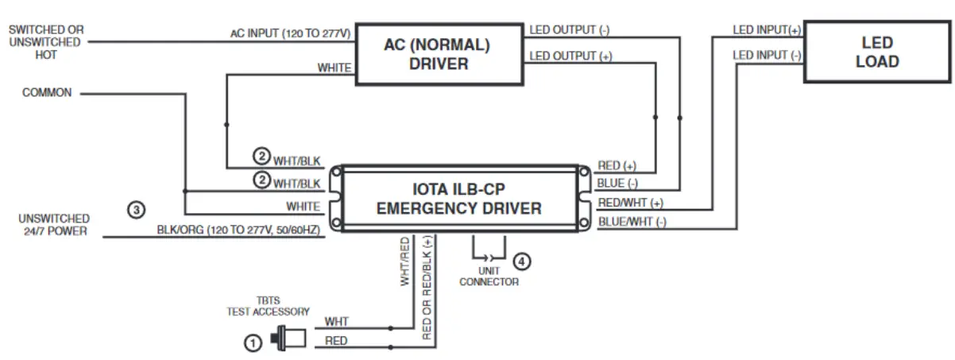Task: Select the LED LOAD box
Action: pos(877,52)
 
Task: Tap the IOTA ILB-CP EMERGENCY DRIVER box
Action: pos(458,199)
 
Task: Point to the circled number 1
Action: pos(252,343)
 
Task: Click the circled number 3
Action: pos(137,211)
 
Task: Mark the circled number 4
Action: pos(520,260)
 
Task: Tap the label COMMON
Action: pos(47,93)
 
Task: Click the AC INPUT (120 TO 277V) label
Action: pos(290,33)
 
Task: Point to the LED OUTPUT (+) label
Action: pos(570,56)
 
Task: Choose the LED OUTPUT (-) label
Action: pos(570,30)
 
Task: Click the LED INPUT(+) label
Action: pos(767,30)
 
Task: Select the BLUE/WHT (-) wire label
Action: pos(632,222)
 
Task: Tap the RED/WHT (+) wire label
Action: pos(630,203)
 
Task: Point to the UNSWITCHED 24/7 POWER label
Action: pos(54,224)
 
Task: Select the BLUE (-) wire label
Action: pos(618,184)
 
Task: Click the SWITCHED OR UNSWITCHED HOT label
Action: pos(45,42)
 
